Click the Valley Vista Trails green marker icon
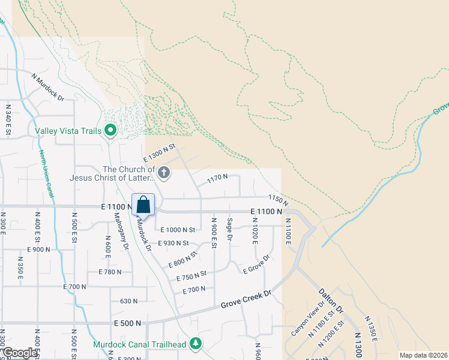coord(110,130)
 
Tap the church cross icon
coord(163,174)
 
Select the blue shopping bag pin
coord(143,205)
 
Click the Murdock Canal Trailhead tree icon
coord(195,344)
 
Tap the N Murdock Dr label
coord(47,86)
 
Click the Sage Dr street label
coord(230,230)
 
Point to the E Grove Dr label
coord(257,265)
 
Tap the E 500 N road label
coord(127,323)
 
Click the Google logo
coord(20,353)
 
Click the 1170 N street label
coord(217,177)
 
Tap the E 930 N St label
coord(173,243)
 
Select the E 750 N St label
coord(191,275)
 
